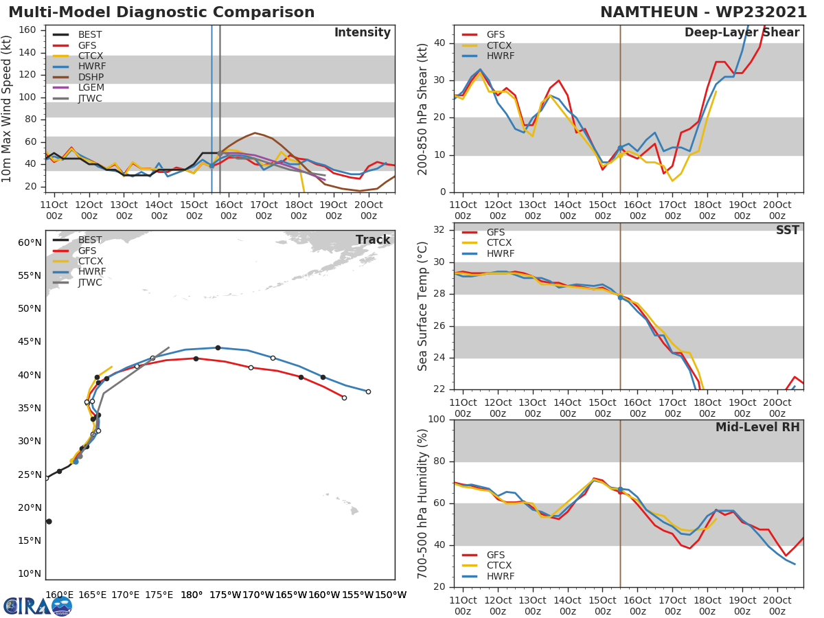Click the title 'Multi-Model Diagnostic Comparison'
[161, 12]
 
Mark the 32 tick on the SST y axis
[440, 230]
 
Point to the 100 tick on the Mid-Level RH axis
[437, 420]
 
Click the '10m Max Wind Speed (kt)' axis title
[8, 108]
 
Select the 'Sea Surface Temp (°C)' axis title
[423, 307]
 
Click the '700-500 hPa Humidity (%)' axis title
[423, 503]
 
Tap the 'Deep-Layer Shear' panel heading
[742, 33]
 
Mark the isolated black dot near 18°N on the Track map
[49, 522]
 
